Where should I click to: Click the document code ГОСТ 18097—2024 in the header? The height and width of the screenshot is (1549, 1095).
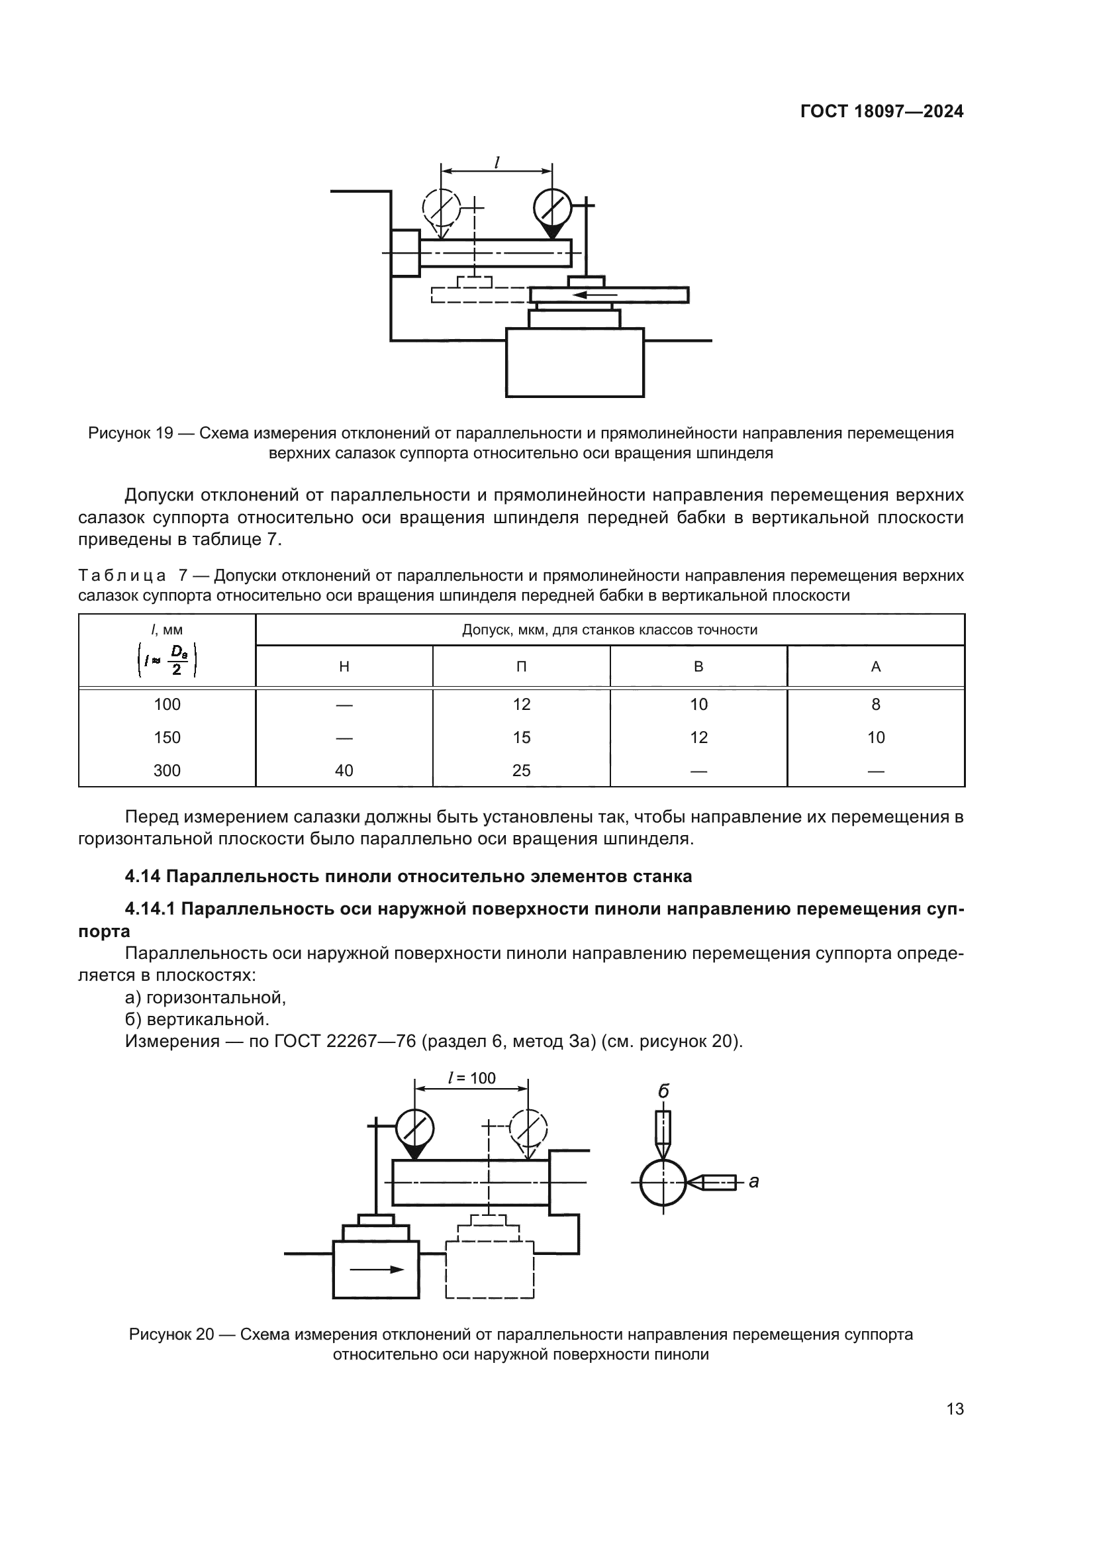coord(881,112)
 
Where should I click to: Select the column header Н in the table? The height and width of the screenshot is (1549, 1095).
coord(344,667)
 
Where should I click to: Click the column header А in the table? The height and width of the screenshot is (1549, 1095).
coord(875,667)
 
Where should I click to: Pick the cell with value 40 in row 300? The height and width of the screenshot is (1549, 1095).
coord(344,770)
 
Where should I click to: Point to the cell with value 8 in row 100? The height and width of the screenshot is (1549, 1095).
coord(875,705)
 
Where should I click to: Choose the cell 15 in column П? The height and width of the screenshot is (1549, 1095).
coord(521,737)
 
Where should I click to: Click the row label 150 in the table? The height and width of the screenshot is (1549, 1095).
coord(167,737)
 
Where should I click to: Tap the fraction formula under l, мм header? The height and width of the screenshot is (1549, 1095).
coord(167,660)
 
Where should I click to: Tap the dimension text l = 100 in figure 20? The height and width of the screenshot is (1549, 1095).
coord(471,1078)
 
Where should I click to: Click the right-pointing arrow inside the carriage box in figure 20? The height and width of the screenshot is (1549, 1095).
coord(376,1269)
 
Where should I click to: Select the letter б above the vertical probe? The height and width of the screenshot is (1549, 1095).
coord(663,1091)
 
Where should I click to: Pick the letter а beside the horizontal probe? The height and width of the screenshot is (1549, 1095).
coord(754,1181)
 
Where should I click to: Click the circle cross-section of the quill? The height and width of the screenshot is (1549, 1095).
coord(663,1182)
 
